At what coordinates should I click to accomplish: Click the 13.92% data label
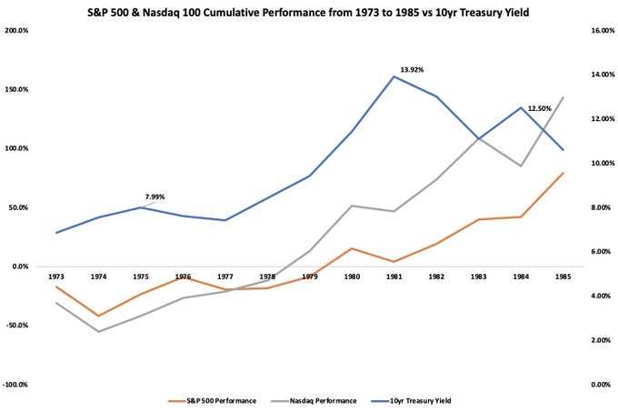tap(412, 69)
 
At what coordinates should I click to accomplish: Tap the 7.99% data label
tap(154, 196)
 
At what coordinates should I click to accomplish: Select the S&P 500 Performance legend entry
tap(214, 400)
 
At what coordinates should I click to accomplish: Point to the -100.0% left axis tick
tap(16, 385)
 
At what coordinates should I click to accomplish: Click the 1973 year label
tap(56, 276)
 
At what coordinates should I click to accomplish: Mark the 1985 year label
tap(563, 276)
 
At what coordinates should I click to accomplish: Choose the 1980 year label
tap(352, 276)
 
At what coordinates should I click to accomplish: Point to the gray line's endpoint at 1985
tap(563, 97)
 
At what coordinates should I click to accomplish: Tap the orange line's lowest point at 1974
tap(98, 316)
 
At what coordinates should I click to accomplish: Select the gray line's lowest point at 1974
tap(98, 331)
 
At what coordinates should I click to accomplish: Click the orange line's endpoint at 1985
tap(563, 173)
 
